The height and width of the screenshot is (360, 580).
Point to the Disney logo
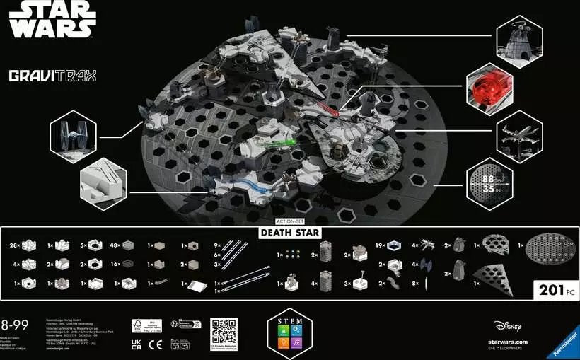click(508, 327)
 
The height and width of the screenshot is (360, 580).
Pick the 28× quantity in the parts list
click(13, 245)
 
